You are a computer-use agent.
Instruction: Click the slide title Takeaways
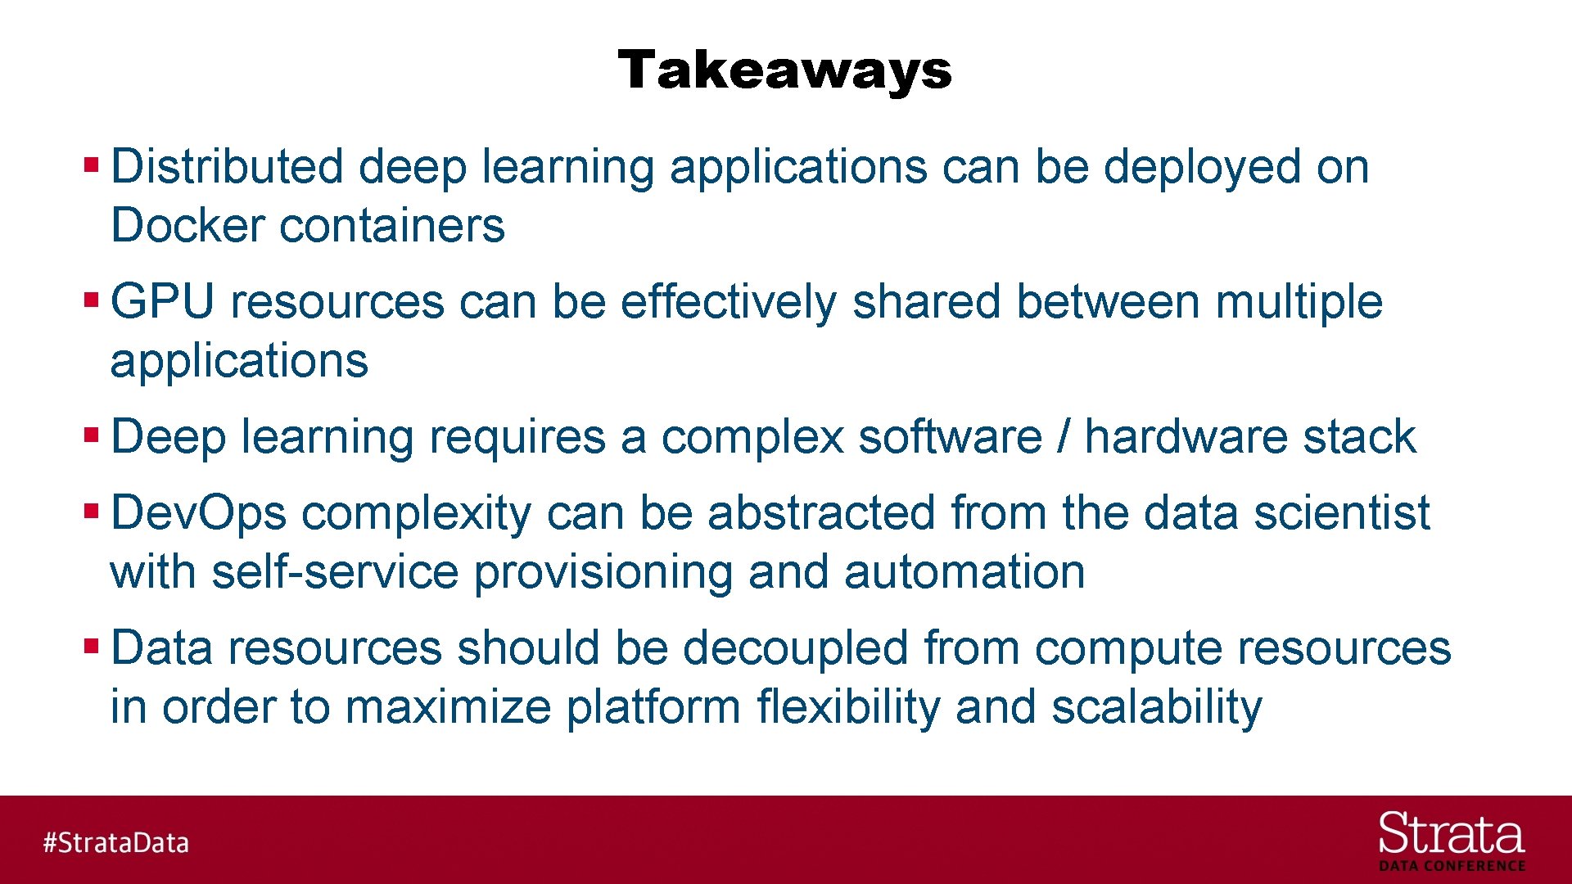click(x=784, y=70)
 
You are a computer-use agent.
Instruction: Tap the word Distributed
click(x=227, y=167)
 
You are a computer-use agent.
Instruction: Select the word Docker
click(x=187, y=226)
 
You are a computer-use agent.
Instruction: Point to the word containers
click(x=392, y=226)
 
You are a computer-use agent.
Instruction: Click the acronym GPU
click(x=162, y=302)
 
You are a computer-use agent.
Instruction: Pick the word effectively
click(x=728, y=302)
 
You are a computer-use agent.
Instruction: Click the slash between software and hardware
click(x=1063, y=436)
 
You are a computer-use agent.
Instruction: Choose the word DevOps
click(x=198, y=513)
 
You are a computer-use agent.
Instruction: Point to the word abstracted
click(x=821, y=513)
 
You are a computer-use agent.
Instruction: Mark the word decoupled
click(x=795, y=648)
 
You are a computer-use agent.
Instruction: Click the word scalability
click(x=1156, y=707)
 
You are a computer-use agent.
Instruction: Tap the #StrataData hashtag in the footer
click(x=115, y=842)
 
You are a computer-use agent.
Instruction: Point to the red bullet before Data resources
click(x=91, y=646)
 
